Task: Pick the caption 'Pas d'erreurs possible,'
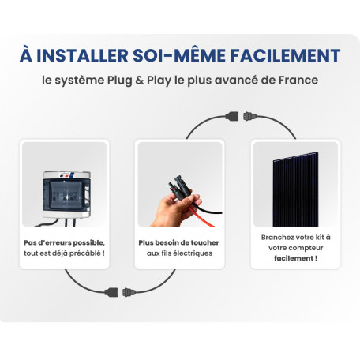[65, 242]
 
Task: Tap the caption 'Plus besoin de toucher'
[179, 242]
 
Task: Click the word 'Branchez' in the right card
[276, 236]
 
